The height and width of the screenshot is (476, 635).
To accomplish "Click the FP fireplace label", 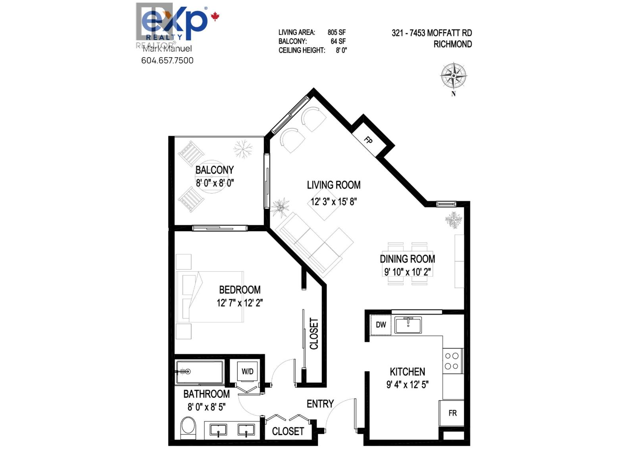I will (x=369, y=140).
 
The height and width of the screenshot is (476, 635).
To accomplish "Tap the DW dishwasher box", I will (x=381, y=325).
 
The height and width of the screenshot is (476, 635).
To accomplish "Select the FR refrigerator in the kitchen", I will (x=452, y=413).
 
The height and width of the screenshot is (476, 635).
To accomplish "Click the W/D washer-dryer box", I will (x=247, y=371).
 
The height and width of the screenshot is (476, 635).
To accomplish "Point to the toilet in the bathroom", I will (x=188, y=428).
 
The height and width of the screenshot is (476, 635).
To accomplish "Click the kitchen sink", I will (x=408, y=325).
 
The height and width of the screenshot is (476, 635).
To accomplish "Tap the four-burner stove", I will (x=452, y=361).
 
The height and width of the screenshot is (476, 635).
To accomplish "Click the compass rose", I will (x=453, y=75).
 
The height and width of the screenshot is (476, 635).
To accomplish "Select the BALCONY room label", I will (x=214, y=170).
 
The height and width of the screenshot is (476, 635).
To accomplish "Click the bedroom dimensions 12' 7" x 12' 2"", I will (x=240, y=303).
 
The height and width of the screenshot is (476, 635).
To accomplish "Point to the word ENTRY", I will (x=320, y=404).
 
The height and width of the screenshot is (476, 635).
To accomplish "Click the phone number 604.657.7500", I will (x=167, y=61).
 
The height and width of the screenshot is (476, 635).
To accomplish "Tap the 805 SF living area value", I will (x=337, y=33).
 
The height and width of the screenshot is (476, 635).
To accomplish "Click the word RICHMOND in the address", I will (x=452, y=44).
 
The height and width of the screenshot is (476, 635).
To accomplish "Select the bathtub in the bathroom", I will (x=200, y=372).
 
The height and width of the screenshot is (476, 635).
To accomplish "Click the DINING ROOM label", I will (x=407, y=259).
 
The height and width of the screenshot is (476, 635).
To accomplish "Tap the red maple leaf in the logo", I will (x=215, y=17).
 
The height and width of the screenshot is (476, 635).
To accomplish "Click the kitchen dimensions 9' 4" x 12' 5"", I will (x=407, y=384).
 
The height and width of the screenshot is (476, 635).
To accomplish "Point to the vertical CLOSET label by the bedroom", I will (x=314, y=334).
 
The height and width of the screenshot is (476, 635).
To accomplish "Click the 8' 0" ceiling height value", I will (x=341, y=50).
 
